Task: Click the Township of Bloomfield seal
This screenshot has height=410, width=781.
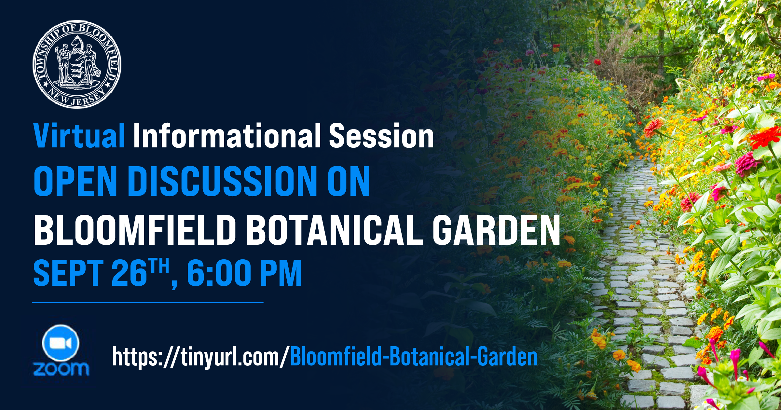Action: click(x=77, y=64)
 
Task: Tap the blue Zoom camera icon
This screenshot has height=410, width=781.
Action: click(x=61, y=343)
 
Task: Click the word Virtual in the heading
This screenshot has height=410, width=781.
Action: click(x=79, y=136)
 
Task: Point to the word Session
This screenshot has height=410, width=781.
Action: click(x=381, y=136)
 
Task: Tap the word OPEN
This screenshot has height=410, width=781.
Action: click(x=75, y=181)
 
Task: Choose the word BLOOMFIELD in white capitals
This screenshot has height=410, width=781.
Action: click(x=135, y=230)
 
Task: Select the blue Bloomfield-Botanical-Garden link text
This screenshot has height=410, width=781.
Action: click(x=414, y=357)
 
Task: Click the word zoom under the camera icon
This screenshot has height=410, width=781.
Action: click(x=61, y=369)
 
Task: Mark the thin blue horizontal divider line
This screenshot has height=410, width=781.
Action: click(x=148, y=302)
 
